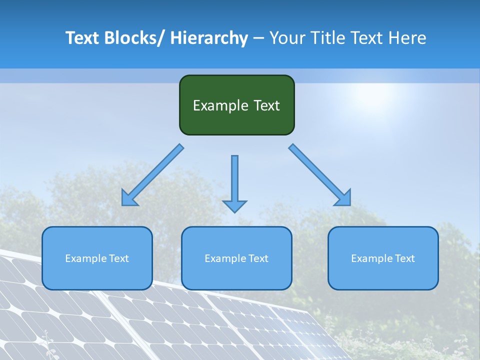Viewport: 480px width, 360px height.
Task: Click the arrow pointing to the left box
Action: point(152,175)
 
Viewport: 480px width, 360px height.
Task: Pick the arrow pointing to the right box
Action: point(320,175)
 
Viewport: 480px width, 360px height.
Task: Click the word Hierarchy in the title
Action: point(209,38)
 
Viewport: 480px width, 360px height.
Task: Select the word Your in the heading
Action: point(286,38)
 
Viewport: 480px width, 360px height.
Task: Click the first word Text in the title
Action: point(82,38)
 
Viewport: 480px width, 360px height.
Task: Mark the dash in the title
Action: point(258,38)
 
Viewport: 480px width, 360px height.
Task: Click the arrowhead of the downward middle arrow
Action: point(234,206)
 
